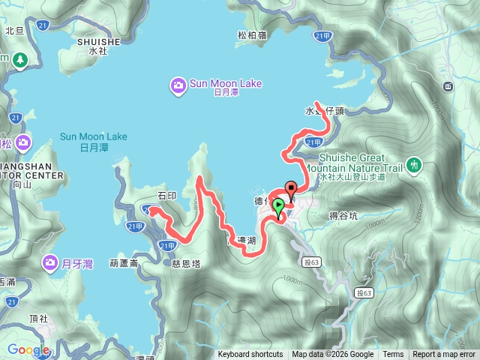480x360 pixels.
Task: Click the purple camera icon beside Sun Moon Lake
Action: coord(178,83)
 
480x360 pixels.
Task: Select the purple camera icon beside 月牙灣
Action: coord(50,262)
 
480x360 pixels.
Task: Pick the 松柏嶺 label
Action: coord(253,34)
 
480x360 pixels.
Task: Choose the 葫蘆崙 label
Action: coord(124,263)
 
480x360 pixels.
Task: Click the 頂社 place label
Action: coord(39,318)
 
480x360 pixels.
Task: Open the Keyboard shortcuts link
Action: coord(250,355)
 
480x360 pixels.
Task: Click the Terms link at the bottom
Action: coord(393,355)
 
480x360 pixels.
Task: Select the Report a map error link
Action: coord(444,355)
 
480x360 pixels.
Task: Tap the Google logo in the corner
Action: coord(28,349)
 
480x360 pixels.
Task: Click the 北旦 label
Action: coord(15,31)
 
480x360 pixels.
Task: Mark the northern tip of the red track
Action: coord(317,102)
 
